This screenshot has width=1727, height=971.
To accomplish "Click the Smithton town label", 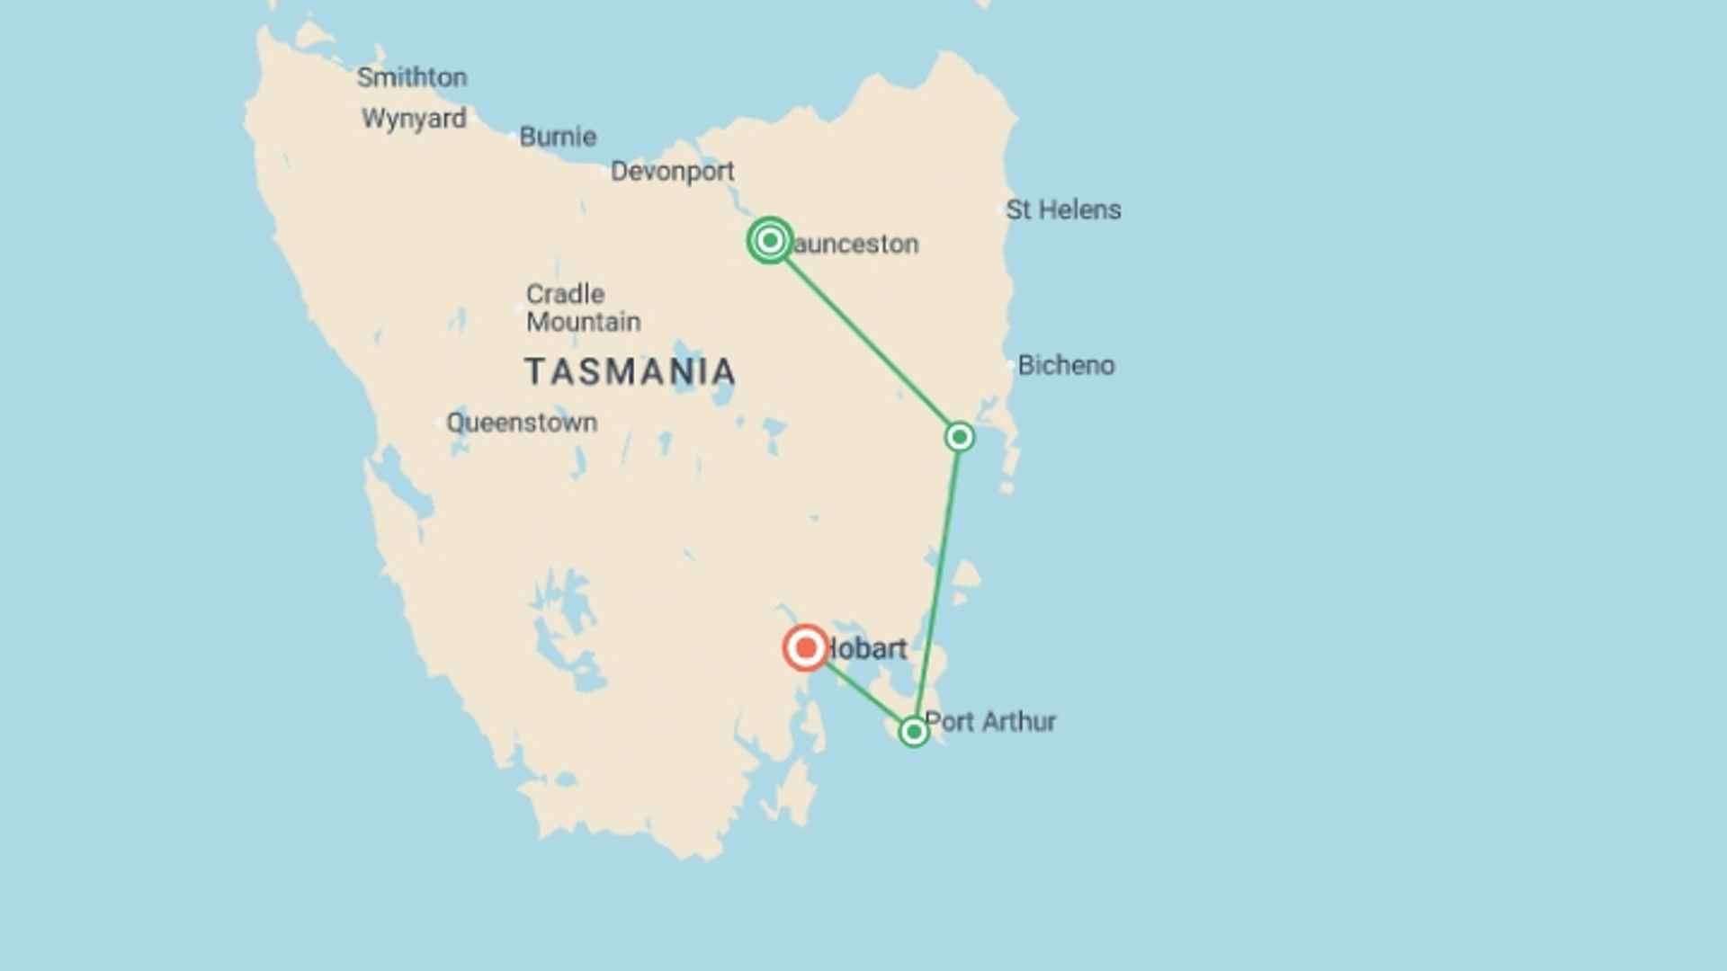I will pos(412,77).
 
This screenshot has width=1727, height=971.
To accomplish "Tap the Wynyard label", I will pos(414,119).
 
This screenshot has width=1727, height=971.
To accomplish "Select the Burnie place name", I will pos(558,137).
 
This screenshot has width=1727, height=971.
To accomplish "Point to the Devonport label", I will pos(672,171).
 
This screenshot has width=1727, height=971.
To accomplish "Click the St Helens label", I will pos(1063,209).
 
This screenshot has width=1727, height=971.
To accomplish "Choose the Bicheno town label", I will pos(1066,365).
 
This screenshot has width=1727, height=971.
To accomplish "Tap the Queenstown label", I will pos(522,423).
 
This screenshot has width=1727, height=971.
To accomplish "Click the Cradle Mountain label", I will pos(583,307).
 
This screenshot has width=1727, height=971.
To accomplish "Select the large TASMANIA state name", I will pos(630,372).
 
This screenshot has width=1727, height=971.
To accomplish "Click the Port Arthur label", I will pos(990,721).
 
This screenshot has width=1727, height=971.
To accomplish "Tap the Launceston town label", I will pos(855,244).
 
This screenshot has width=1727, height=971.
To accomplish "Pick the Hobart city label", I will pos(866,648).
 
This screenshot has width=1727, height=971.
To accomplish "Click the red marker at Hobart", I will pos(806,647).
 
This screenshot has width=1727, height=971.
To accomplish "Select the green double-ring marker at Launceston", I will pos(770,240).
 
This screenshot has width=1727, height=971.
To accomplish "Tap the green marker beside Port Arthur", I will pos(913,732).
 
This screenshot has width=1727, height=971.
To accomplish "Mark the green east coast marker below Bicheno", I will pos(960,437).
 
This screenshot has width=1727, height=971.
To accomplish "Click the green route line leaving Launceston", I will pos(863,338).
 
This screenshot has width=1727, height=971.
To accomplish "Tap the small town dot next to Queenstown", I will pos(440,422).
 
